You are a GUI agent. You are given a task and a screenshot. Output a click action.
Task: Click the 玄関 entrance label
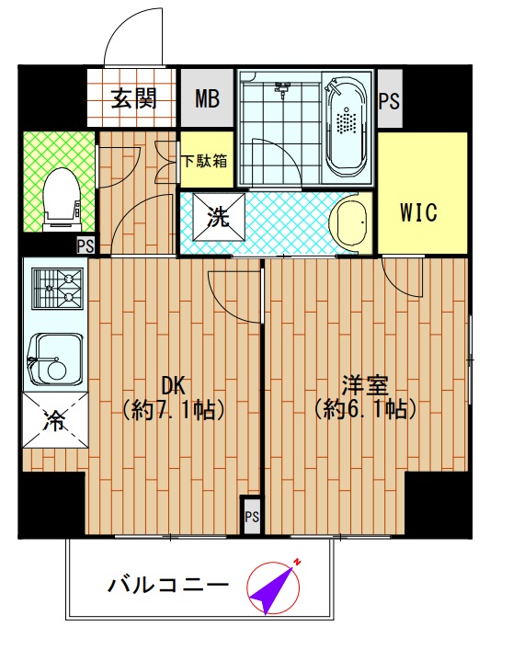132,98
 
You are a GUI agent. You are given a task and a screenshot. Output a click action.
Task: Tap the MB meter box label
206,98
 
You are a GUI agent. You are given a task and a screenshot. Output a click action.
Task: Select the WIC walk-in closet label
418,212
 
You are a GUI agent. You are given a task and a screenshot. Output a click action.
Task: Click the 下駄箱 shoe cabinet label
204,160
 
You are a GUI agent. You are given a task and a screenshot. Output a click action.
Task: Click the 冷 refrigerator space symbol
54,422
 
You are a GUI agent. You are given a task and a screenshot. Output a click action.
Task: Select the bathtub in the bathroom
347,127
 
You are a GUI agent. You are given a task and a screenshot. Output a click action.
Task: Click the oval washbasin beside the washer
348,222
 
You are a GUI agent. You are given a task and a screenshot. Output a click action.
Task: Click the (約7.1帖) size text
175,408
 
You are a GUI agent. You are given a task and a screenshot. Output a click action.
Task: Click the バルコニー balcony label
167,585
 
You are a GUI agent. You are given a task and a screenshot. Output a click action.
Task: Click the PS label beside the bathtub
390,100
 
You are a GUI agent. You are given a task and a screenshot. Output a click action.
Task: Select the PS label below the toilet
85,245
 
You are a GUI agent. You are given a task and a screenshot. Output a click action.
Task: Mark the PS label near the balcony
252,518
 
